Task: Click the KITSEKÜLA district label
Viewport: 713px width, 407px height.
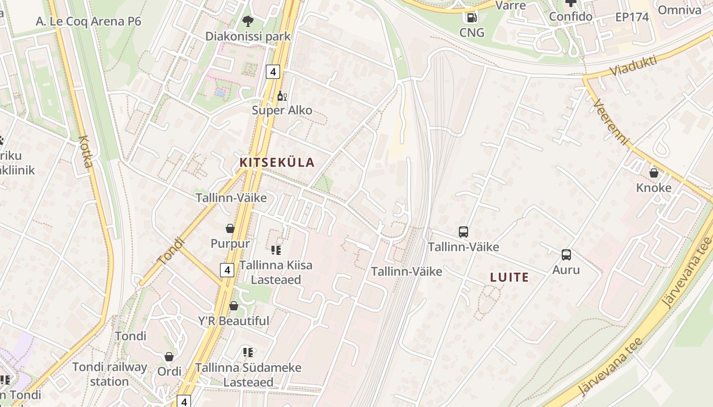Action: pos(277,163)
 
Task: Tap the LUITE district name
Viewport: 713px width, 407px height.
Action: pos(509,277)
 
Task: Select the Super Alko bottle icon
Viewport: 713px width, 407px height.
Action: pos(282,96)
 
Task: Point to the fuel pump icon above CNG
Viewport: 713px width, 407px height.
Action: pos(472,18)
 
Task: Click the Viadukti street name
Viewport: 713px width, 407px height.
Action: pos(634,66)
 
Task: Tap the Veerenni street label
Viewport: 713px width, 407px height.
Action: pos(612,122)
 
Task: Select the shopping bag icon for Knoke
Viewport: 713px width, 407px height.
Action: pos(654,173)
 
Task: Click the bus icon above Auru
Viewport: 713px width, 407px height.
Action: pos(566,255)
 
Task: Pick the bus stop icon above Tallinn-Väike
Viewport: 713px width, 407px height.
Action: pos(463,232)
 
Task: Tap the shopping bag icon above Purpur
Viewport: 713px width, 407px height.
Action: pos(230,228)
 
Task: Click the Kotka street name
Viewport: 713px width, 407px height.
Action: pos(86,152)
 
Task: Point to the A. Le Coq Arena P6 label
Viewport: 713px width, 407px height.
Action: pos(89,21)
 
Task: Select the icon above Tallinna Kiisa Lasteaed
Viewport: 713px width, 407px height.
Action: pos(276,250)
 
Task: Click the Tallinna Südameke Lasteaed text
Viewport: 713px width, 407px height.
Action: pos(249,374)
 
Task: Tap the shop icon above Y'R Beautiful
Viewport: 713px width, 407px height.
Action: pos(233,306)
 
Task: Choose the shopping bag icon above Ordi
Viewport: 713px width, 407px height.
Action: pos(169,357)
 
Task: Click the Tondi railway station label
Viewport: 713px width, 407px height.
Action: pos(109,374)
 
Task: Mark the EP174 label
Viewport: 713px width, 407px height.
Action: pos(632,17)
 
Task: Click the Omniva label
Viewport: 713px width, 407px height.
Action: pos(679,10)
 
